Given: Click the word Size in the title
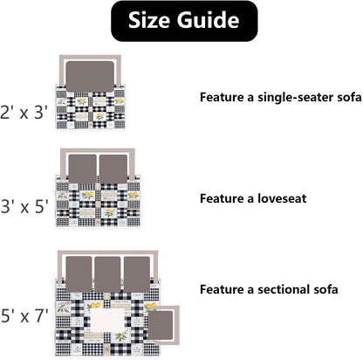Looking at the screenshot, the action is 149,20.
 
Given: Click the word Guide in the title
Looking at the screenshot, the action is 208,20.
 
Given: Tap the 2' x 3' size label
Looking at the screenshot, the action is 24,113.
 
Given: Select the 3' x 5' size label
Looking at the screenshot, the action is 24,206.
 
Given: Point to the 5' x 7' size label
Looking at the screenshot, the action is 24,315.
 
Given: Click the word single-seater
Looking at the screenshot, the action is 295,97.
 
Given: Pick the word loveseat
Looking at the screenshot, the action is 282,198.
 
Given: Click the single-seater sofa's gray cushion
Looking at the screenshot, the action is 90,76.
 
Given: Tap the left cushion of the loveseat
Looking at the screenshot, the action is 82,169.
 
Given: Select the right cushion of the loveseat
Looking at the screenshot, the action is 113,169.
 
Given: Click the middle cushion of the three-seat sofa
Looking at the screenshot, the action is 107,274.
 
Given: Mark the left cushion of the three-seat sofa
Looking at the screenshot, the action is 79,274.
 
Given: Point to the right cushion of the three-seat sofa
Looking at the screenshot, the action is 137,274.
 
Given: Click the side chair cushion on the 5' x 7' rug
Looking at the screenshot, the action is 161,325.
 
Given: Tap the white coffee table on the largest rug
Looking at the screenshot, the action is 107,320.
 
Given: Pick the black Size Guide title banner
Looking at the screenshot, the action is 184,21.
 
